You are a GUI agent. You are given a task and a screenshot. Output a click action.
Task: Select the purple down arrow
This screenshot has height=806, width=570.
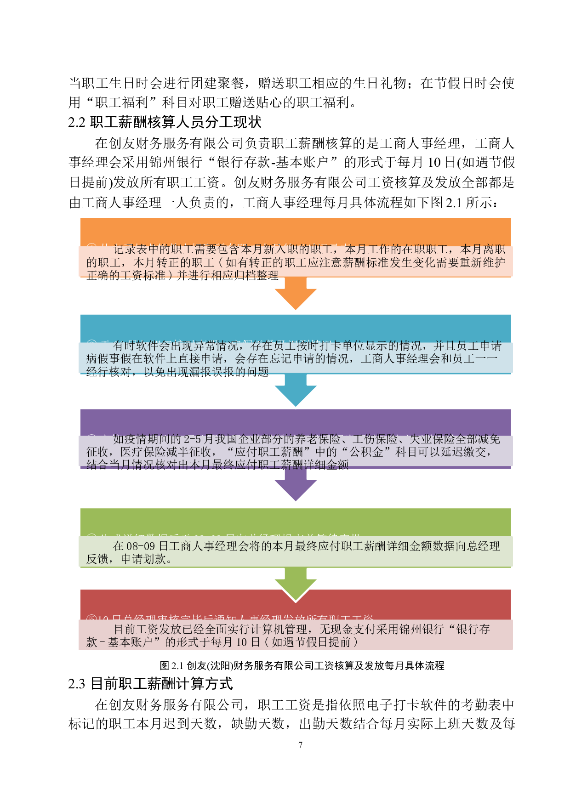pos(296,488)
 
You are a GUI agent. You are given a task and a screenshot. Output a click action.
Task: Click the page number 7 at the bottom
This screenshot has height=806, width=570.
pos(300,744)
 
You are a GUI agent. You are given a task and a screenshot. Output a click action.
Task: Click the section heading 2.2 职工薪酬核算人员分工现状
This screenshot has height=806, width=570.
pos(165,122)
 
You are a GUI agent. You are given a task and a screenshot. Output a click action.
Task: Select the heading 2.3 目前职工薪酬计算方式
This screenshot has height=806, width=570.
pos(150,684)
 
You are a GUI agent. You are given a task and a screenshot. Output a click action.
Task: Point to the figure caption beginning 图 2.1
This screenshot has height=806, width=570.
pos(302,665)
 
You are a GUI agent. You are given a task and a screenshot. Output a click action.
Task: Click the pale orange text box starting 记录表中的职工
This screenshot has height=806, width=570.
pos(296,262)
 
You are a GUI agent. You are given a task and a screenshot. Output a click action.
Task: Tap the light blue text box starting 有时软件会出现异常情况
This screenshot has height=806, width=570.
pos(296,358)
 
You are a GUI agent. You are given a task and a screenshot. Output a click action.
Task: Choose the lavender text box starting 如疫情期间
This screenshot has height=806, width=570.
pos(296,452)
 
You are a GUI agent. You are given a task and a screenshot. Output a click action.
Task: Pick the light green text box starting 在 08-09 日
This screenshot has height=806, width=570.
pos(296,552)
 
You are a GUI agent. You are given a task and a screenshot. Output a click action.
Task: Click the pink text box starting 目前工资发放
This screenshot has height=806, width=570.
pos(296,635)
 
